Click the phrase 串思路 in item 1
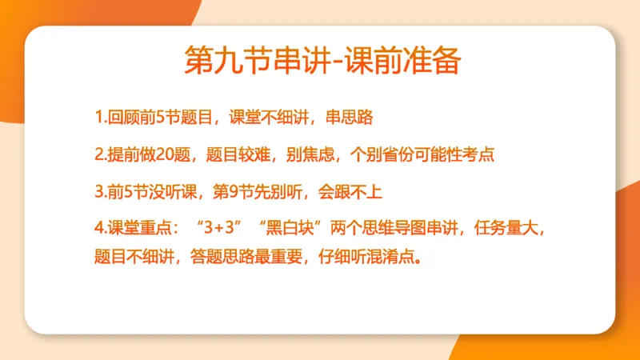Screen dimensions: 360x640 point(350,118)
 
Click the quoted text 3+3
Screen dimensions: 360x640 point(218,228)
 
